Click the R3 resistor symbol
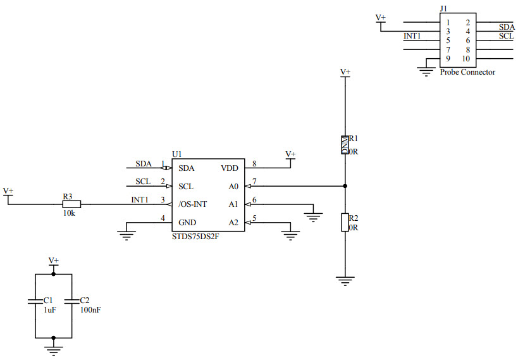[x=72, y=204]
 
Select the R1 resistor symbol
[x=345, y=145]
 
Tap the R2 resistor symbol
[x=345, y=223]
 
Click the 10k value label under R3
[x=69, y=214]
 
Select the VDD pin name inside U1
[x=230, y=168]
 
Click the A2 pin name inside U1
[x=233, y=223]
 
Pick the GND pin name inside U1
[x=187, y=223]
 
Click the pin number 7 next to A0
[x=254, y=182]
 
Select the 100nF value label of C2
[x=90, y=310]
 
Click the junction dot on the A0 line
[x=345, y=186]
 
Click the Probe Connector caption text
[x=467, y=72]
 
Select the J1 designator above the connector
[x=443, y=9]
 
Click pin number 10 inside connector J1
[x=466, y=59]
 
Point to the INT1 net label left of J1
[x=412, y=36]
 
